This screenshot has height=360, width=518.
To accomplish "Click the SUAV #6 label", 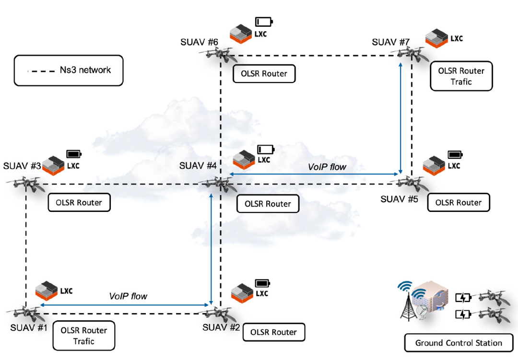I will click(200, 42).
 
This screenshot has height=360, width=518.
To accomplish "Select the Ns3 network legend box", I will click(69, 70).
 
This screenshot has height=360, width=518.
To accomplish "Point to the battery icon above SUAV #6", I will click(263, 22).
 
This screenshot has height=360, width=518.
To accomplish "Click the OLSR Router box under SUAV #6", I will click(264, 74).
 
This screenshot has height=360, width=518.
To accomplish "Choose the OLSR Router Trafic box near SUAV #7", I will click(461, 76).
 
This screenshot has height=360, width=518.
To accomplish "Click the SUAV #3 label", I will click(22, 166).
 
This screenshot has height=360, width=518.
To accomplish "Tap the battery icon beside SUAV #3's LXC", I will click(74, 154).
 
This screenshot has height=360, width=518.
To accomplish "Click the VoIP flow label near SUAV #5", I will click(327, 167).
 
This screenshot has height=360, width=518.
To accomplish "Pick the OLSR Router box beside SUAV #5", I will click(458, 202).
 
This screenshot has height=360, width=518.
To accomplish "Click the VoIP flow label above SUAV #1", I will click(128, 296).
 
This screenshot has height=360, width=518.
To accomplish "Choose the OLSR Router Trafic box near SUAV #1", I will click(84, 336).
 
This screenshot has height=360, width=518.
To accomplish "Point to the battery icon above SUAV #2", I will click(262, 282).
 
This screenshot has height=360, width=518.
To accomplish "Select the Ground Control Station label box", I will click(459, 343).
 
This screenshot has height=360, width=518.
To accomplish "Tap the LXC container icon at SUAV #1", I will click(47, 289).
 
